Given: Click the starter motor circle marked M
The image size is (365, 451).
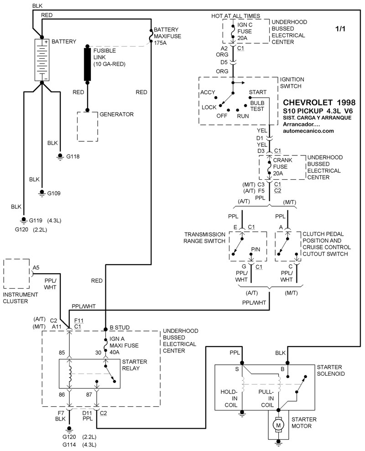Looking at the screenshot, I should (x=277, y=425).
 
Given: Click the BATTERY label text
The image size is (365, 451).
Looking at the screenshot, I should (x=64, y=41).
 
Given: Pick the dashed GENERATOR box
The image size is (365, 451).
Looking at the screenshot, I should (x=87, y=126).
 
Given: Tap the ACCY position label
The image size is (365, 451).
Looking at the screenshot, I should (x=208, y=93).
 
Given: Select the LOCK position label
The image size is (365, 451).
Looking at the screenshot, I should (x=209, y=108).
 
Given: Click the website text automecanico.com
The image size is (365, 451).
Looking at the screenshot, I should (x=308, y=131).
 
